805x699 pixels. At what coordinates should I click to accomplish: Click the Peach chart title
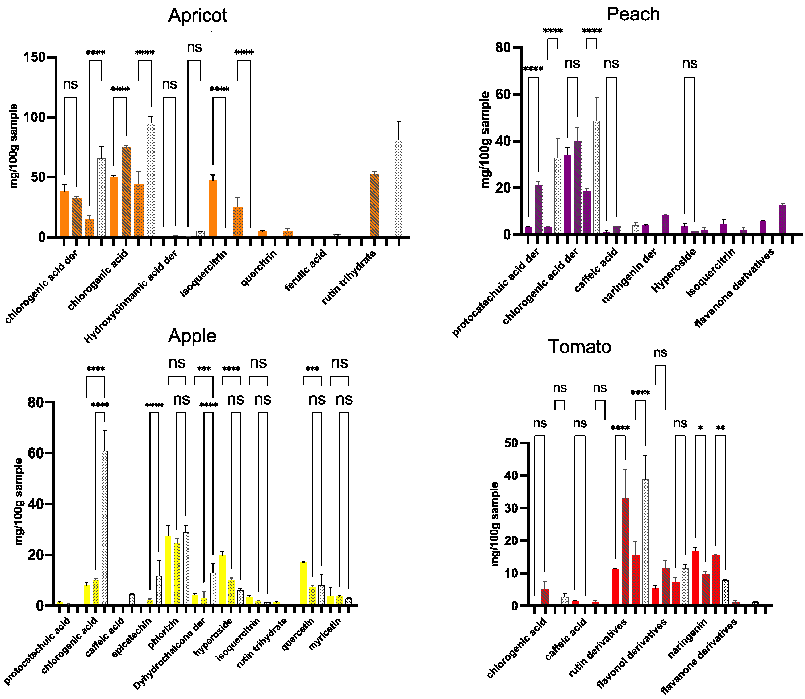pos(633,14)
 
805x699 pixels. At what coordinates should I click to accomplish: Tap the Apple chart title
pos(192,336)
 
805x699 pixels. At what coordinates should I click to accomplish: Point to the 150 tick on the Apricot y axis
pos(34,57)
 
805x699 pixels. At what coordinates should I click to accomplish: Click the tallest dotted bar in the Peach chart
pos(596,177)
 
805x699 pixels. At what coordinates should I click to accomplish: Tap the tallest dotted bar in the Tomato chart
pos(645,542)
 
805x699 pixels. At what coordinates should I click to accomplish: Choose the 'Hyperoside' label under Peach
pos(674,270)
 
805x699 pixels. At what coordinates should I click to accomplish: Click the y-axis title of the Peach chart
pos(485,140)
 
